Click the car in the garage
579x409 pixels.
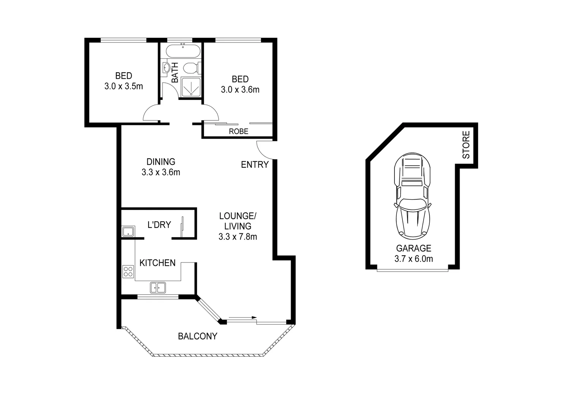pyautogui.click(x=412, y=197)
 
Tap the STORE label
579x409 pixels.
pyautogui.click(x=466, y=145)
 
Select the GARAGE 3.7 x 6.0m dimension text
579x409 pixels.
pyautogui.click(x=413, y=259)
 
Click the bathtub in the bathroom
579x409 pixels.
pyautogui.click(x=183, y=50)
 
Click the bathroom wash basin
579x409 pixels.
pyautogui.click(x=166, y=68)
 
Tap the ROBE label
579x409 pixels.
pyautogui.click(x=238, y=131)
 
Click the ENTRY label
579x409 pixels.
pyautogui.click(x=255, y=164)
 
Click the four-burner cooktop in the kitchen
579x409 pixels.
pyautogui.click(x=128, y=271)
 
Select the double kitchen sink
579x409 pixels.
pyautogui.click(x=158, y=288)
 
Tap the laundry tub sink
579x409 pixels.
pyautogui.click(x=128, y=231)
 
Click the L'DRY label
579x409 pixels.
pyautogui.click(x=159, y=225)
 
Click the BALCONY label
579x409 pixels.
pyautogui.click(x=197, y=336)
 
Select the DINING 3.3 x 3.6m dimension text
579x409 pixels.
pyautogui.click(x=161, y=172)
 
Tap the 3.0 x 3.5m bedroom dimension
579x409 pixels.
pyautogui.click(x=124, y=86)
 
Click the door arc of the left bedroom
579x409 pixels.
pyautogui.click(x=151, y=112)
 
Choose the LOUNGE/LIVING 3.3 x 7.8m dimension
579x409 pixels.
pyautogui.click(x=238, y=237)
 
